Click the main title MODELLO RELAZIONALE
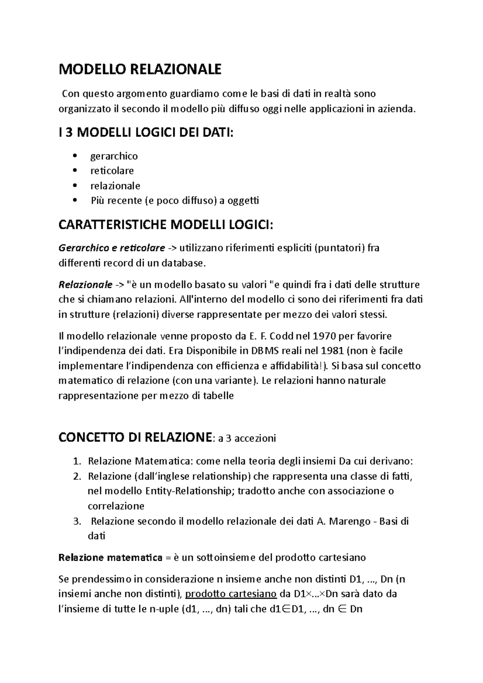(140, 70)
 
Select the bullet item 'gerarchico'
(114, 156)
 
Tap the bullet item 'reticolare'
(112, 171)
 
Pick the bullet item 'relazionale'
(115, 186)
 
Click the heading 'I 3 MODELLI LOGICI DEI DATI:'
(146, 133)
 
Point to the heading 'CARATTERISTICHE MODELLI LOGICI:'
(166, 225)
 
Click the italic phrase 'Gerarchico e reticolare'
(111, 248)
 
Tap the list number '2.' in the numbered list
(77, 477)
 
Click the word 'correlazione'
(116, 506)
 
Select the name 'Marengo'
(349, 522)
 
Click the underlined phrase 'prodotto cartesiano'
(231, 594)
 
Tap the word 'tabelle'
(218, 396)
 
